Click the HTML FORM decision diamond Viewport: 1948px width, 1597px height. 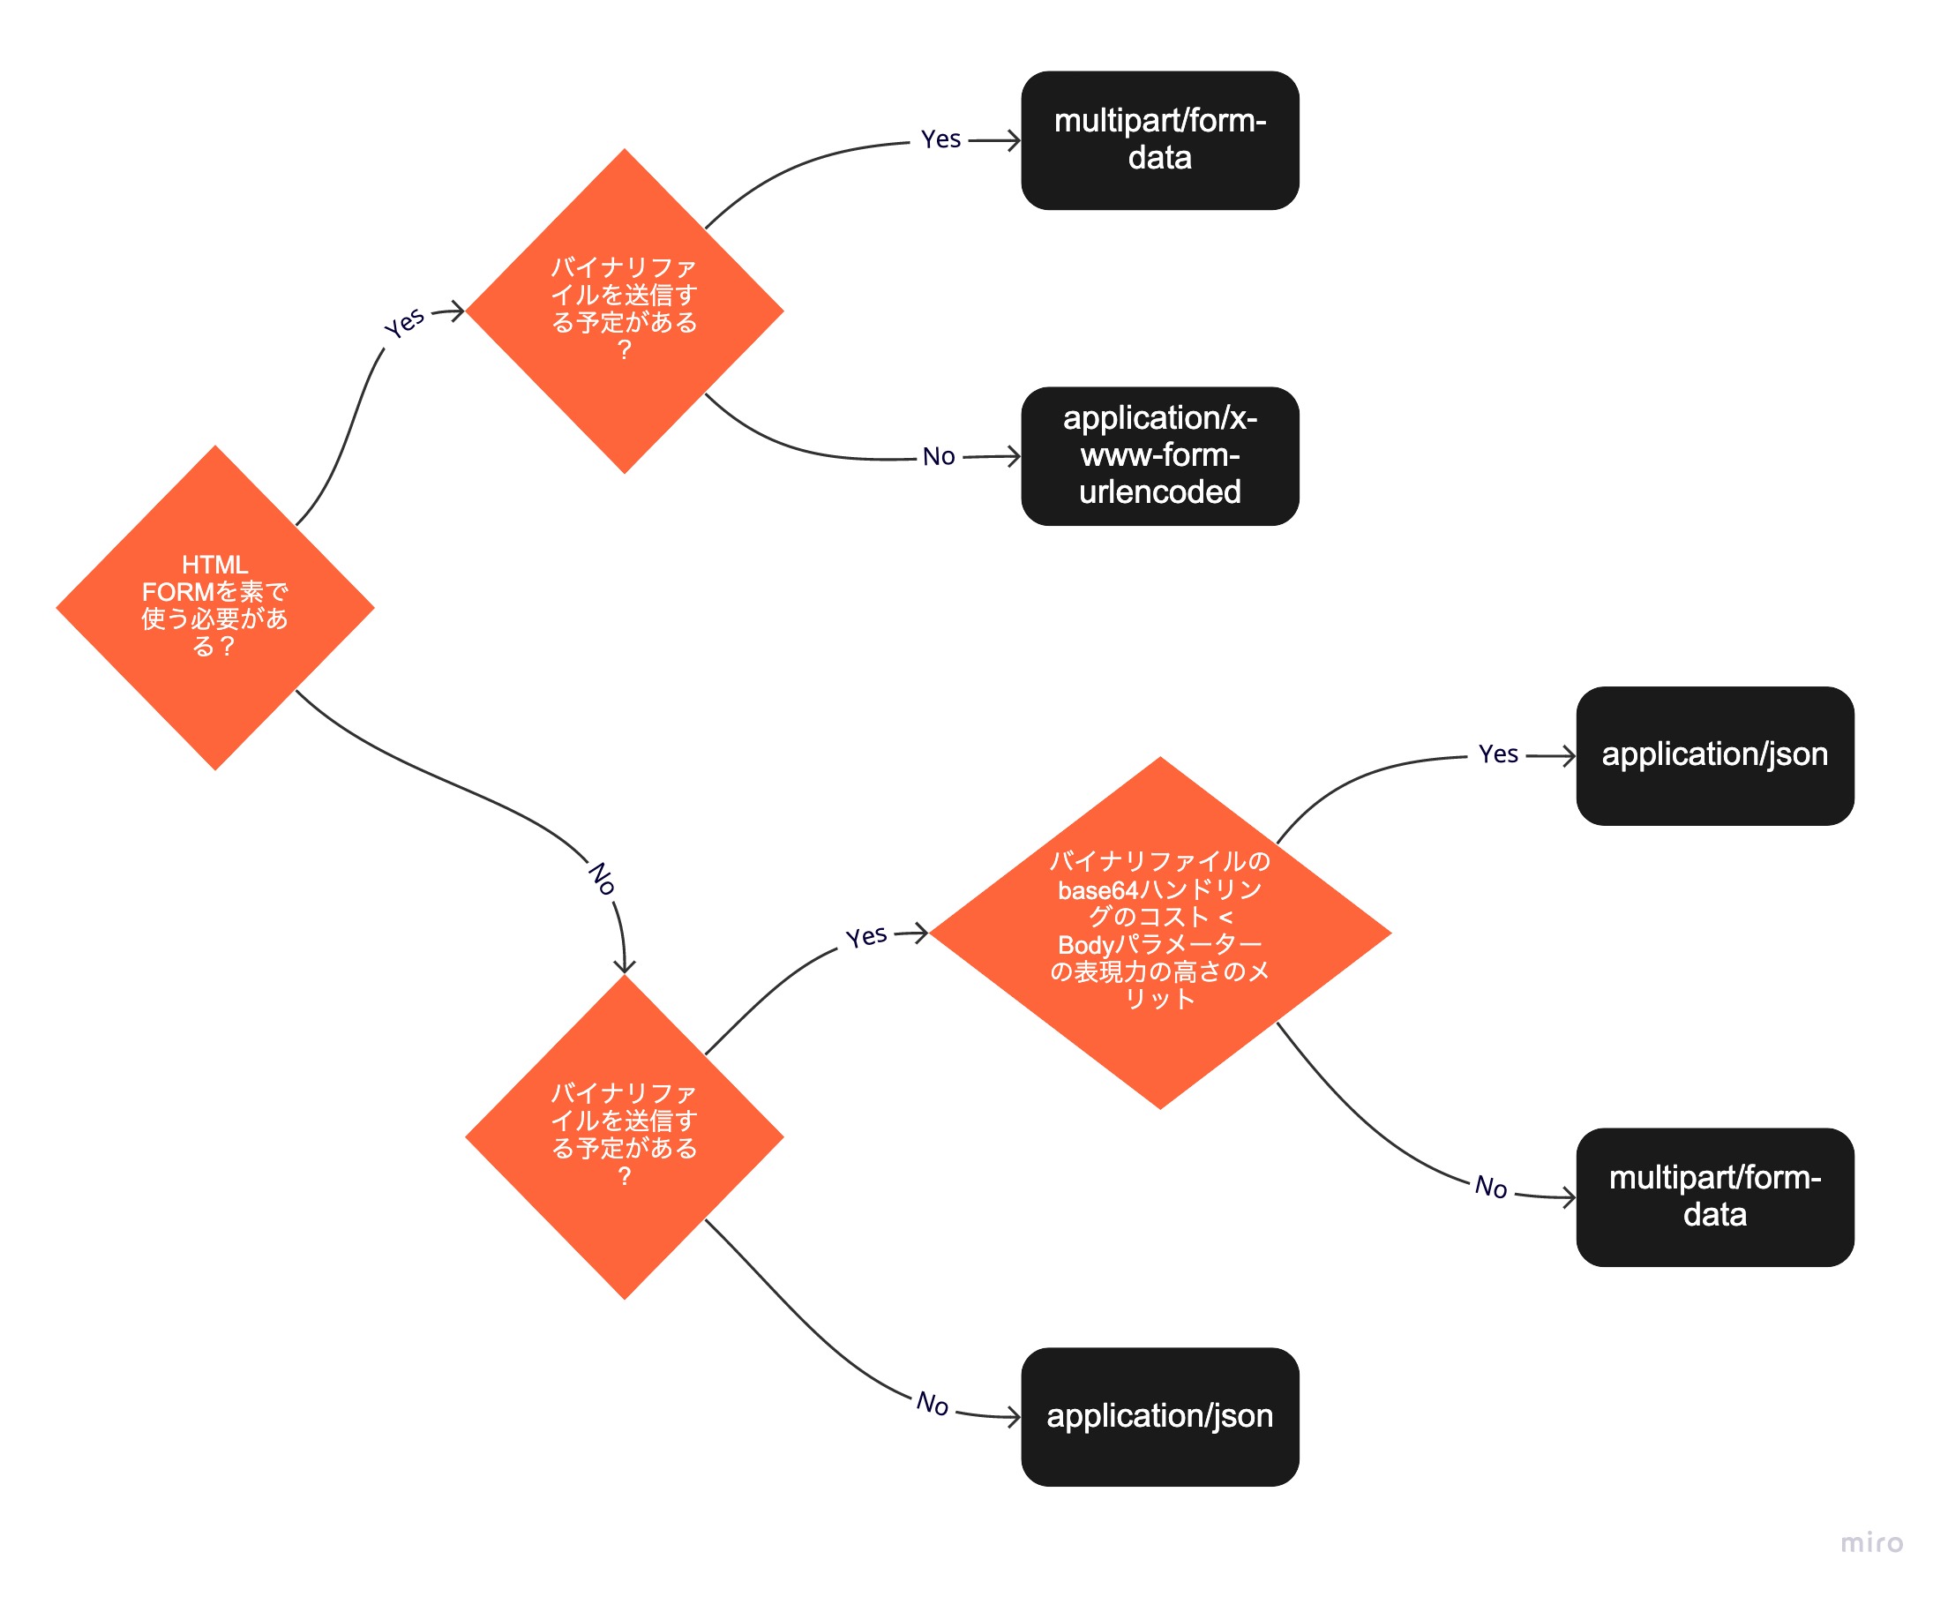coord(215,608)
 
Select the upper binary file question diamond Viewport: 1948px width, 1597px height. coord(625,311)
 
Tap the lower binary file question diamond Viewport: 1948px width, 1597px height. coord(625,1137)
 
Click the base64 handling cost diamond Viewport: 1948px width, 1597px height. coord(1160,933)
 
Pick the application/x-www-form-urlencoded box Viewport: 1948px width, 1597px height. coord(1160,455)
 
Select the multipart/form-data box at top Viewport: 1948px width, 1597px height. coord(1160,139)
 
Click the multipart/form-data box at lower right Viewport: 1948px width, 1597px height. coord(1714,1196)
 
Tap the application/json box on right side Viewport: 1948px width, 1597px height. coord(1714,755)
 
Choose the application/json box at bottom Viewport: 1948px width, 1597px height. coord(1160,1417)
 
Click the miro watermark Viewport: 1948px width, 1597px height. coord(1870,1542)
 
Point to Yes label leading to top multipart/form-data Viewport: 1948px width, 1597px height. coord(940,139)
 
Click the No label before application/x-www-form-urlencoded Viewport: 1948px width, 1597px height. coord(939,457)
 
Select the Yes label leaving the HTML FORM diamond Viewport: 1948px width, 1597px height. coord(405,323)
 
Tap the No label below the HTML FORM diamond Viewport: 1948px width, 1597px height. coord(603,879)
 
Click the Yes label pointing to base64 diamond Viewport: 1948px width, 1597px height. coord(866,937)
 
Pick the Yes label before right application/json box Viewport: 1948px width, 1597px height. coord(1497,755)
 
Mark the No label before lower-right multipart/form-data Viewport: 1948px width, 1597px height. coord(1491,1188)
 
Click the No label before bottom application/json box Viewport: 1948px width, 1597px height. coord(933,1405)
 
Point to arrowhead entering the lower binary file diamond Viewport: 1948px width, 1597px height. coord(625,968)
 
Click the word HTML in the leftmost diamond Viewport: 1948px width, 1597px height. coord(215,565)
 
